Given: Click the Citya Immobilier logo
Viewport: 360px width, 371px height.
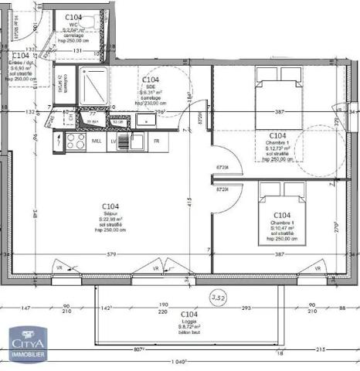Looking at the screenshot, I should (29, 343).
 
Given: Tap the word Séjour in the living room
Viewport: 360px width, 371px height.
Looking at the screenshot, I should (111, 213).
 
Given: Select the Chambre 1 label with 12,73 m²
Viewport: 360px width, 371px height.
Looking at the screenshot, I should (277, 143).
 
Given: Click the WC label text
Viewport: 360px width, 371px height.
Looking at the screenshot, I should (73, 23).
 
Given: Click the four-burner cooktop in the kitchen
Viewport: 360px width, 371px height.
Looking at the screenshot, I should (75, 141).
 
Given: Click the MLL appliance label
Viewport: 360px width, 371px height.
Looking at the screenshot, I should (97, 142).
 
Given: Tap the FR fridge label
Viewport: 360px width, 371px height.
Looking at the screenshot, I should (156, 141).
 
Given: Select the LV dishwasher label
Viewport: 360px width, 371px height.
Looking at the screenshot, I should (114, 142).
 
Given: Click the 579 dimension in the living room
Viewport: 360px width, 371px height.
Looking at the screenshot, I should (111, 255).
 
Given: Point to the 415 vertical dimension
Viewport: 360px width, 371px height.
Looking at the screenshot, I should (188, 203).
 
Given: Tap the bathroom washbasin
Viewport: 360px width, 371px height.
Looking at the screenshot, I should (144, 121).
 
